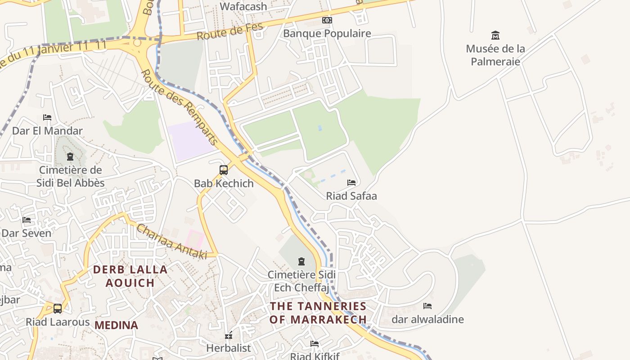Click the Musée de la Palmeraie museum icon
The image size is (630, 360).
(495, 35)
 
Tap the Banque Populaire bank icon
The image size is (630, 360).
(327, 20)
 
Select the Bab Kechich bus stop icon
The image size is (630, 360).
(224, 170)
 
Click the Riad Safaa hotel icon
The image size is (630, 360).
(351, 182)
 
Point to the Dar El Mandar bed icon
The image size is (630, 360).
(47, 117)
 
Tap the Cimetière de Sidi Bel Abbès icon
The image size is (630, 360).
(70, 157)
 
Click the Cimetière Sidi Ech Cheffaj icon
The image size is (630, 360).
(301, 261)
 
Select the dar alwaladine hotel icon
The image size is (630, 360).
(427, 306)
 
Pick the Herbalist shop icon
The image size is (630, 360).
(229, 335)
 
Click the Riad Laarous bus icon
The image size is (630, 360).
(58, 309)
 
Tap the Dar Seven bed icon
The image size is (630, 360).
(27, 220)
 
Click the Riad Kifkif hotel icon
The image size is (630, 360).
(315, 344)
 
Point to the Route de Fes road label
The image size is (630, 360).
(229, 31)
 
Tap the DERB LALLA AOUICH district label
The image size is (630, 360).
(130, 276)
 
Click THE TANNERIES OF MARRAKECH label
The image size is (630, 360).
(318, 313)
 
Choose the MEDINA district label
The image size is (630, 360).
(116, 325)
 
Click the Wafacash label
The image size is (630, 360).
(243, 6)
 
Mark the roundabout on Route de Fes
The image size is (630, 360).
(137, 43)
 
